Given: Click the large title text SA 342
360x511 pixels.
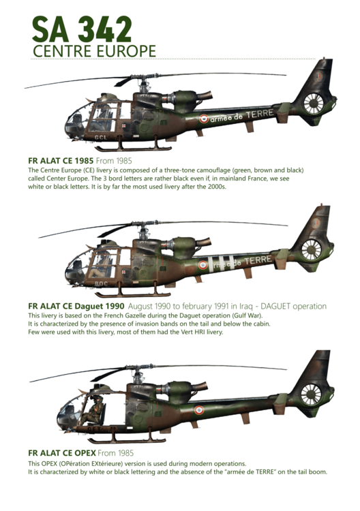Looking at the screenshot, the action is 82,29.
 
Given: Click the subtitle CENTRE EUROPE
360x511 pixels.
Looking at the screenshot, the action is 94,51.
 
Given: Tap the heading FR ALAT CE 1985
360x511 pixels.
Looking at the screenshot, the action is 61,161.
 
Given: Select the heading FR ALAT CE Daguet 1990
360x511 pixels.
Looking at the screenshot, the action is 76,306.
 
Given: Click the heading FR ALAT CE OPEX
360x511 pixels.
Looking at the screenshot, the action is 62,453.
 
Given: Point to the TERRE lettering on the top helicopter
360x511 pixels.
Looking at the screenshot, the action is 259,114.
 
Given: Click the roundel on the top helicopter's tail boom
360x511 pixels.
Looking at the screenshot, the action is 204,119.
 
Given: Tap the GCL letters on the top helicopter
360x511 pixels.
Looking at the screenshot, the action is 101,138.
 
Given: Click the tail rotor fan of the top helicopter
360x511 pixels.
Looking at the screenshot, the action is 314,104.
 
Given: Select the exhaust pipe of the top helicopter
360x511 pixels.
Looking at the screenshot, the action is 202,96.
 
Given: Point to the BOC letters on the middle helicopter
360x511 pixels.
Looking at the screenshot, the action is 101,283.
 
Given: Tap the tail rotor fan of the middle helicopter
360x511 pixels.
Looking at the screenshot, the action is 311,249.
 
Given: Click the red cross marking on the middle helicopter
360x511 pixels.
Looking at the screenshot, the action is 124,272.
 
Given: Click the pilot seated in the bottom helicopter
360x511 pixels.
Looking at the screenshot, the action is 93,411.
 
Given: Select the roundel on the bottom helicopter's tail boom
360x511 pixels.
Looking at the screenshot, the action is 199,410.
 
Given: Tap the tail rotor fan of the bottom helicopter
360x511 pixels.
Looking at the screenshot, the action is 311,394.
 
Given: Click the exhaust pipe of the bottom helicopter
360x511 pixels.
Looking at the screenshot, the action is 199,387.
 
